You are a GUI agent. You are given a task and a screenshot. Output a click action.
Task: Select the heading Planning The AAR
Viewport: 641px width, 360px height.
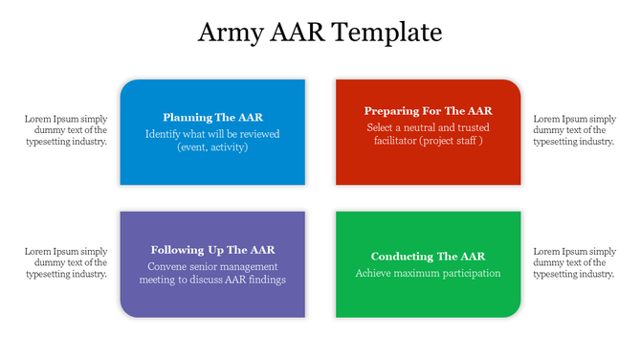click(x=212, y=117)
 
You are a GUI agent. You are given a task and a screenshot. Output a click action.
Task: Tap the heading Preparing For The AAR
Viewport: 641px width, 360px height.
click(x=428, y=111)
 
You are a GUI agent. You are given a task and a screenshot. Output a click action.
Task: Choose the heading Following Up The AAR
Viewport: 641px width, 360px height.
click(x=212, y=249)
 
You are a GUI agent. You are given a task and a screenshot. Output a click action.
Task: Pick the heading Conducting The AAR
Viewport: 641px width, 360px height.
click(x=428, y=257)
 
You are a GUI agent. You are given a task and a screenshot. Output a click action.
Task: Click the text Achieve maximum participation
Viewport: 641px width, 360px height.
click(x=428, y=273)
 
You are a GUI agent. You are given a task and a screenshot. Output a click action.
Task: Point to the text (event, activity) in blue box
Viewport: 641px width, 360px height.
click(x=212, y=147)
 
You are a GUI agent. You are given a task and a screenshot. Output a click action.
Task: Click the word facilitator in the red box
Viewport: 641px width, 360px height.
click(x=391, y=141)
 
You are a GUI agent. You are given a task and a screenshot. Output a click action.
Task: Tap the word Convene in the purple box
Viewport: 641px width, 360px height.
click(x=167, y=266)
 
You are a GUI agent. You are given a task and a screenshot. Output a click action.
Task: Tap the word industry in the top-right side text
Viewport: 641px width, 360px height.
click(x=594, y=141)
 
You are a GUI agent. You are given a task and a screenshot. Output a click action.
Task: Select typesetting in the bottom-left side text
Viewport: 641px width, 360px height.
click(x=51, y=274)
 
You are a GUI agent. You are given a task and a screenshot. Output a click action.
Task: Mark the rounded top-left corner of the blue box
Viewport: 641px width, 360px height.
click(x=124, y=84)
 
